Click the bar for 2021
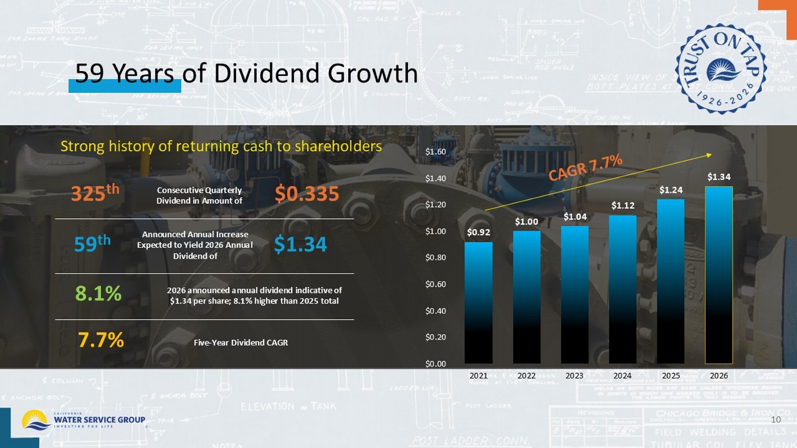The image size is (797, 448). pyautogui.click(x=478, y=303)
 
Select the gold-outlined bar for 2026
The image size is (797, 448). pyautogui.click(x=718, y=275)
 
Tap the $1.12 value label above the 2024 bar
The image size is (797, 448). pyautogui.click(x=623, y=205)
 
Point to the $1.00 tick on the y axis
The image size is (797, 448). pyautogui.click(x=435, y=231)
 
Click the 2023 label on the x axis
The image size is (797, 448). pyautogui.click(x=574, y=376)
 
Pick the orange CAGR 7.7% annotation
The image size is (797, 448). pyautogui.click(x=585, y=167)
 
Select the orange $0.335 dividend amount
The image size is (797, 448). pyautogui.click(x=307, y=194)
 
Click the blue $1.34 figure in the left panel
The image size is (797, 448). pyautogui.click(x=300, y=244)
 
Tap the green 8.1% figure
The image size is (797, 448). pyautogui.click(x=98, y=294)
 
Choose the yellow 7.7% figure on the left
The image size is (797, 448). pyautogui.click(x=100, y=340)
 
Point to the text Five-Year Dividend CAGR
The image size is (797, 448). pyautogui.click(x=241, y=343)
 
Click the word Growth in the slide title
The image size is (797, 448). pyautogui.click(x=372, y=73)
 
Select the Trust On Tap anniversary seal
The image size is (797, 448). pyautogui.click(x=721, y=69)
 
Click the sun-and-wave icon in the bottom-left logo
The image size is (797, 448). pyautogui.click(x=35, y=420)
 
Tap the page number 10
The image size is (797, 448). pyautogui.click(x=776, y=419)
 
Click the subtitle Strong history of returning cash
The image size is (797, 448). pyautogui.click(x=221, y=147)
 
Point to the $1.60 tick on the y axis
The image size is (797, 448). pyautogui.click(x=435, y=152)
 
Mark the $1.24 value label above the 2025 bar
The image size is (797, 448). pyautogui.click(x=671, y=190)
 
